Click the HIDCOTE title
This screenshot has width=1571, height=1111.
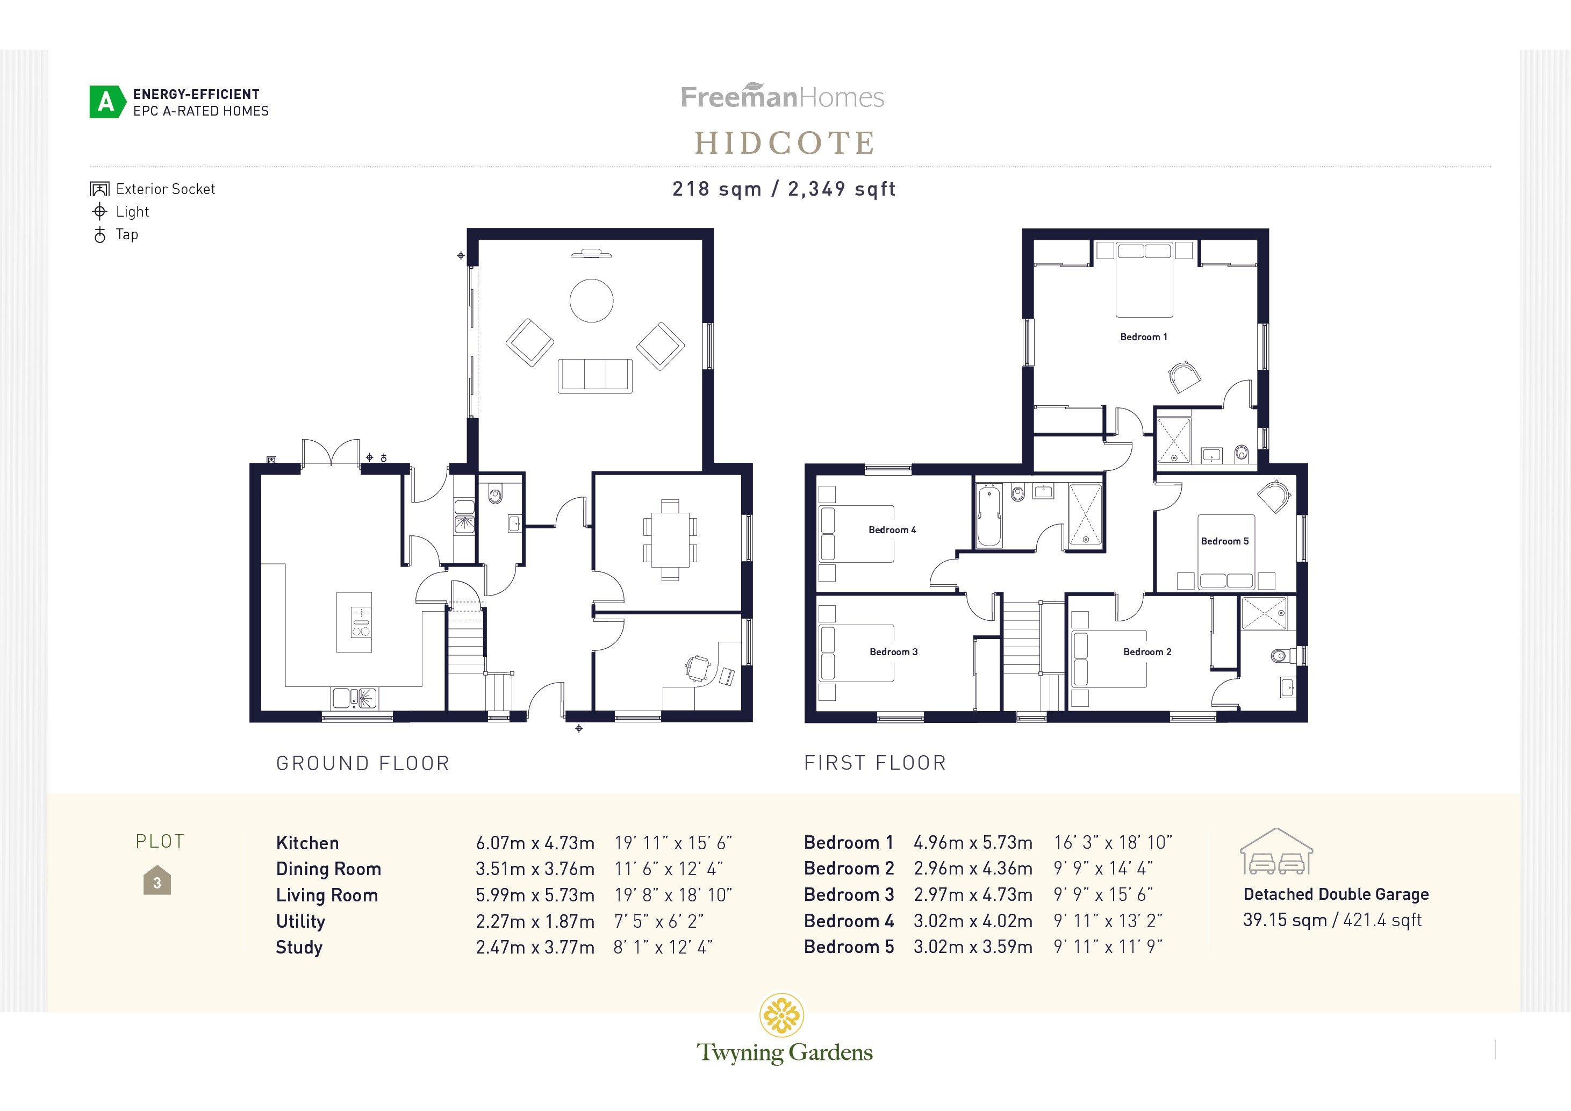[x=785, y=143]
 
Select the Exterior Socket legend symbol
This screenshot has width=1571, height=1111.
[x=99, y=189]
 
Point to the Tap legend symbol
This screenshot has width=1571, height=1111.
[x=100, y=235]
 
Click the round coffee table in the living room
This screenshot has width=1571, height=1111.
[x=591, y=300]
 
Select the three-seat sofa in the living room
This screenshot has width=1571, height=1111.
[x=594, y=376]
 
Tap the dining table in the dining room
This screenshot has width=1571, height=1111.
[x=670, y=540]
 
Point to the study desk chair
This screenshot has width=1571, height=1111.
[x=697, y=667]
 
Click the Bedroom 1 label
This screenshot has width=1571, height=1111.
[x=1143, y=336]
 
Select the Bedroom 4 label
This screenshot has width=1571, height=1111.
[x=892, y=529]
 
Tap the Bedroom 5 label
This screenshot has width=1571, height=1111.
[x=1224, y=541]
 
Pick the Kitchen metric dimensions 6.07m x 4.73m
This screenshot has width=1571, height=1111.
[x=534, y=843]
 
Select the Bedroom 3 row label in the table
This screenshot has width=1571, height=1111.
[x=849, y=894]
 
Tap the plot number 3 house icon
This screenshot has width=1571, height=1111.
[x=157, y=881]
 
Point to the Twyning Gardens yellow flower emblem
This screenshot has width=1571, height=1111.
[x=781, y=1015]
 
